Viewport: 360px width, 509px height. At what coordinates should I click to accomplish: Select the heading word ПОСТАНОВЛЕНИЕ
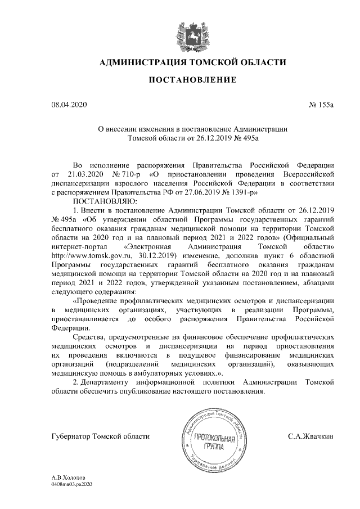tap(192, 81)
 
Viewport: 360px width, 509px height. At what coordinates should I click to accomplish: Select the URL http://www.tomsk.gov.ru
tap(84, 255)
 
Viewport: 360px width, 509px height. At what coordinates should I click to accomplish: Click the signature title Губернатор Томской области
tap(101, 436)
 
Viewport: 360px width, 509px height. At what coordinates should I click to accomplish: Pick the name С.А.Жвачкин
tap(310, 436)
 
